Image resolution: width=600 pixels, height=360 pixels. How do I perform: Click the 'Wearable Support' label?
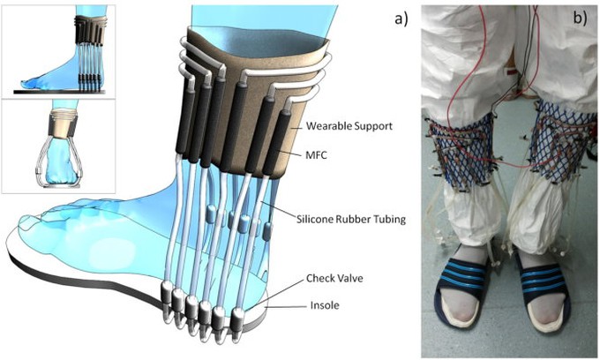349,126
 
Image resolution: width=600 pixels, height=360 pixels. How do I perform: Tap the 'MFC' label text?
316,155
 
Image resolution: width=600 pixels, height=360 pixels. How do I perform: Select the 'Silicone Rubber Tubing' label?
351,219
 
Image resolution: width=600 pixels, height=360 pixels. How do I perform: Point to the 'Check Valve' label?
334,278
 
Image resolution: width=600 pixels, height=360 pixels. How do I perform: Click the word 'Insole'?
325,305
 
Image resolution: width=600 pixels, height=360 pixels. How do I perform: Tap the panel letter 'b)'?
580,18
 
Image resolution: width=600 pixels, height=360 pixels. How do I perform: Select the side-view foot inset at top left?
58,50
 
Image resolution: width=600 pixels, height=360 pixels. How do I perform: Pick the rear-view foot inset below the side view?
58,146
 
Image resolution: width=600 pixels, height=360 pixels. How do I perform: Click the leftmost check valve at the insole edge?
165,293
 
